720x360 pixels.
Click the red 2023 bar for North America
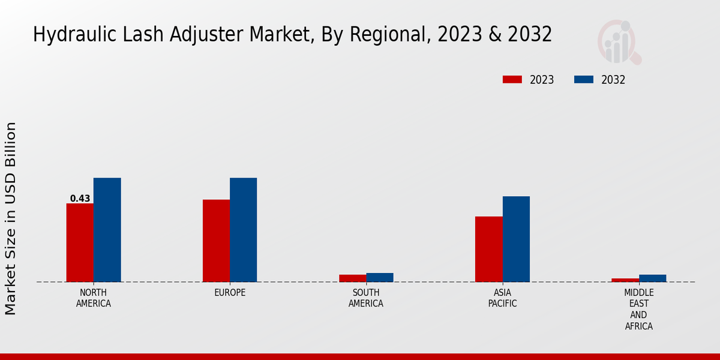coord(80,242)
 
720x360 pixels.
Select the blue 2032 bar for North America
coord(107,230)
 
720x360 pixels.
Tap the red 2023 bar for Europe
coord(216,241)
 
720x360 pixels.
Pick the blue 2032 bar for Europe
coord(243,230)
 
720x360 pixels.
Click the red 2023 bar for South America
coord(352,278)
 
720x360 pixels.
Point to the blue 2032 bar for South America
coord(380,277)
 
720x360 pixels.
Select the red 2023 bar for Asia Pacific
coord(488,249)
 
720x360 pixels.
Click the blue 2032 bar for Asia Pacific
coord(516,239)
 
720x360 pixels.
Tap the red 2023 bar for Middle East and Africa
coord(625,280)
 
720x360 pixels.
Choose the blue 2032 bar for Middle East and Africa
coord(652,278)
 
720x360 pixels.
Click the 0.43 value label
coord(80,199)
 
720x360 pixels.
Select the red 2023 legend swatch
coord(512,80)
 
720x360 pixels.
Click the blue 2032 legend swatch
coord(584,80)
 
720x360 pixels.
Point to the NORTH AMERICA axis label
coord(94,298)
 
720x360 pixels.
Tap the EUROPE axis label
coord(230,293)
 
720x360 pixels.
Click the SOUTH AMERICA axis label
coord(366,298)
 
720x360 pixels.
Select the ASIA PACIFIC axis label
coord(502,298)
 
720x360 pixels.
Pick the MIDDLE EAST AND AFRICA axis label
coord(638,310)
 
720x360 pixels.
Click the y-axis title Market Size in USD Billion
coord(11,218)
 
